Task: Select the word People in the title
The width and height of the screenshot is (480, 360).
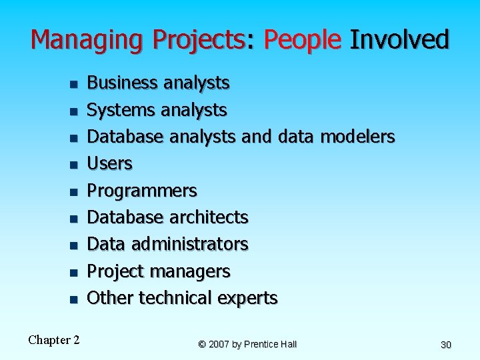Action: click(302, 40)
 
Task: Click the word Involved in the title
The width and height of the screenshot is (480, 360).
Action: click(399, 40)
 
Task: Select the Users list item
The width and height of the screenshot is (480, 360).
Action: click(110, 163)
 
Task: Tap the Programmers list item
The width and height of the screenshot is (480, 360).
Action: click(142, 191)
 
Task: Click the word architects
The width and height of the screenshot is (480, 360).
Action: click(208, 217)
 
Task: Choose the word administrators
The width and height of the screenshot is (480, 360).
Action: click(189, 244)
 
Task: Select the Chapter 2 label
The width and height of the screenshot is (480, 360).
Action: click(54, 340)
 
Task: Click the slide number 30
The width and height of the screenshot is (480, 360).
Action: click(446, 345)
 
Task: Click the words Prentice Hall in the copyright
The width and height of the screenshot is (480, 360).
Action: click(270, 344)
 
